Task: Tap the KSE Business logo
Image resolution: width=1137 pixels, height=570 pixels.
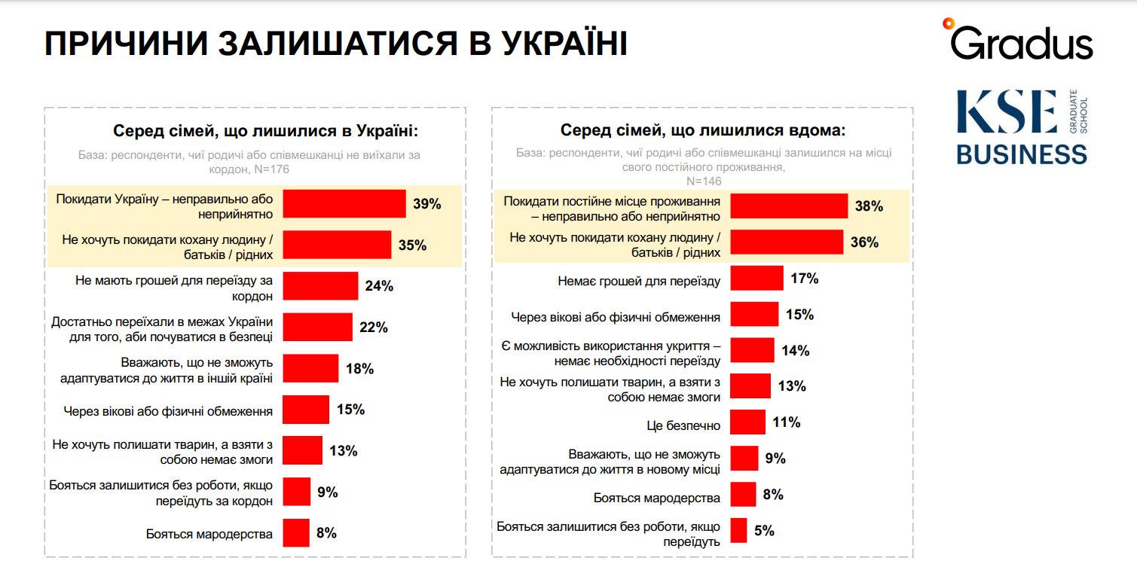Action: click(1022, 127)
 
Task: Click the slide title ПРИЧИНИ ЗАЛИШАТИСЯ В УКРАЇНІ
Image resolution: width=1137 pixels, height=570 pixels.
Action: click(335, 44)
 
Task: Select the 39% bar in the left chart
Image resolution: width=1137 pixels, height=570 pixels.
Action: click(344, 204)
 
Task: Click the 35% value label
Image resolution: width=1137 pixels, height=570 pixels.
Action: click(412, 245)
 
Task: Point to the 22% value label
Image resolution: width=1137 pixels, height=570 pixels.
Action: click(373, 328)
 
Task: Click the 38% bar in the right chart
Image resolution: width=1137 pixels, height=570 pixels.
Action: click(790, 206)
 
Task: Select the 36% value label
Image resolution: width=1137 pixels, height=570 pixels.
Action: click(864, 242)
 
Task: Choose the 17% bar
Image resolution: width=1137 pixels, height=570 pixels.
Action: click(757, 278)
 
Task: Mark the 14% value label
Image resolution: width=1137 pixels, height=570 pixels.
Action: click(795, 350)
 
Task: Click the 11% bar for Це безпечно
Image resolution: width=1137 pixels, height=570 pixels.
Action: click(748, 422)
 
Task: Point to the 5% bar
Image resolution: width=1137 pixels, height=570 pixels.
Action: click(739, 530)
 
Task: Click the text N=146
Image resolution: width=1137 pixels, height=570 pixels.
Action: click(702, 181)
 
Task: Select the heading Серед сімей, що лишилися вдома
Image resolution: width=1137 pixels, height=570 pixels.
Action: click(703, 130)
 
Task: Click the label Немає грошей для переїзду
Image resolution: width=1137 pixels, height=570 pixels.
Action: click(639, 282)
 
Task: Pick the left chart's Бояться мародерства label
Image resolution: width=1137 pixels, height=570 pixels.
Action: click(209, 535)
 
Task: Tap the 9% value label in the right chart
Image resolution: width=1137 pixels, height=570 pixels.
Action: click(775, 459)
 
